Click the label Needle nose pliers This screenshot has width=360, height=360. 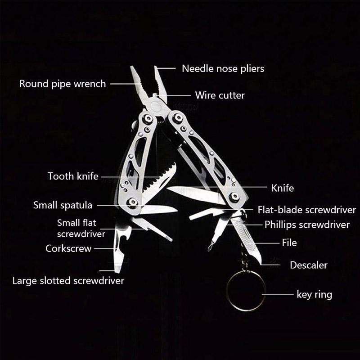(x=223, y=69)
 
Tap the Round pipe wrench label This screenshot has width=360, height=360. (x=63, y=84)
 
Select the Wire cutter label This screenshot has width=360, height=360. (x=220, y=95)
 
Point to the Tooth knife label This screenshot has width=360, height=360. (x=73, y=176)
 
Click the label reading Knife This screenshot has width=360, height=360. (x=283, y=188)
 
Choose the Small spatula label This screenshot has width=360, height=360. (x=63, y=205)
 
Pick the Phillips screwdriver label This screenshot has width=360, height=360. (x=307, y=225)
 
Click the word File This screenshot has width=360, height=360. (x=289, y=243)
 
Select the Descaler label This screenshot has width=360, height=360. (x=308, y=265)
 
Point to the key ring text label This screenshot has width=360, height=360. (x=314, y=295)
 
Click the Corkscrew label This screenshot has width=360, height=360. (x=68, y=248)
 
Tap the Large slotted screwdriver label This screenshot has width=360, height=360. (x=68, y=281)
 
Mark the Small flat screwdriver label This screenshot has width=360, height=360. (x=81, y=228)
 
